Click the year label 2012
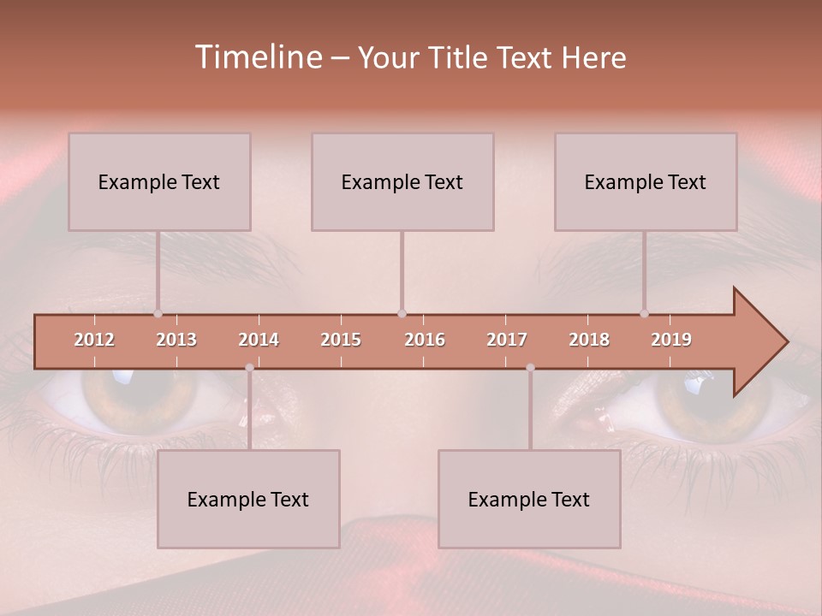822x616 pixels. click(94, 340)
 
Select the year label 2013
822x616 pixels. click(176, 340)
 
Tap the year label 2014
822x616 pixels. click(259, 340)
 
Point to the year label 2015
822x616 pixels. click(341, 340)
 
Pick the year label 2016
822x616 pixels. click(425, 340)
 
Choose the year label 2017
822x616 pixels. click(507, 340)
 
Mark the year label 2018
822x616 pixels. click(589, 340)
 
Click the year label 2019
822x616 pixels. click(671, 340)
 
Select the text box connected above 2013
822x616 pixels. click(159, 181)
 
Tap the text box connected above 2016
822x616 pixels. click(402, 181)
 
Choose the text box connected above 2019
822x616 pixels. click(646, 181)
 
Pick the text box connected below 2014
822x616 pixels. click(248, 499)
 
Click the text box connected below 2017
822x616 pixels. click(529, 499)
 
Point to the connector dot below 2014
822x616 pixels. click(249, 368)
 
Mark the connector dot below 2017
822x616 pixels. click(530, 368)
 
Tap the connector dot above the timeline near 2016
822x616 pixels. click(402, 314)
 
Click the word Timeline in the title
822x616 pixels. click(257, 57)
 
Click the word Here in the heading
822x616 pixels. click(593, 58)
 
